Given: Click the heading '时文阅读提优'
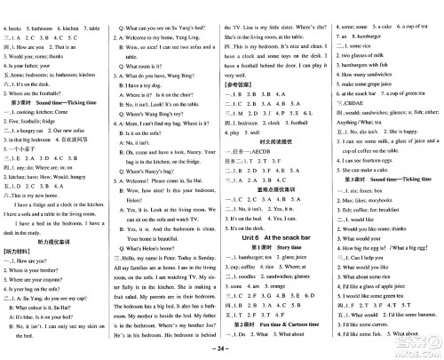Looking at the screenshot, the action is coord(276,164).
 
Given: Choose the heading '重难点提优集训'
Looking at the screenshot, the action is coord(276,190).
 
